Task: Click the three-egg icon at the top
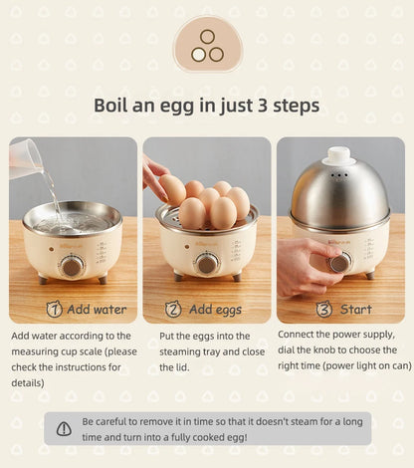(207, 45)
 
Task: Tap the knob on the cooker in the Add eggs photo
(206, 264)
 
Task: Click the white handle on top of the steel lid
(339, 155)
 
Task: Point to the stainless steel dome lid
(339, 194)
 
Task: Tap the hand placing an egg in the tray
(154, 177)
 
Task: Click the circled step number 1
(55, 309)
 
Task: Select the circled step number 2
(173, 309)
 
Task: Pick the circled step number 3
(323, 309)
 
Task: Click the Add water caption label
(97, 310)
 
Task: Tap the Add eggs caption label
(215, 310)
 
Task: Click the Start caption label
(355, 310)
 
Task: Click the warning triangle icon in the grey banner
(64, 428)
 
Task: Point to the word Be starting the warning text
(89, 421)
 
